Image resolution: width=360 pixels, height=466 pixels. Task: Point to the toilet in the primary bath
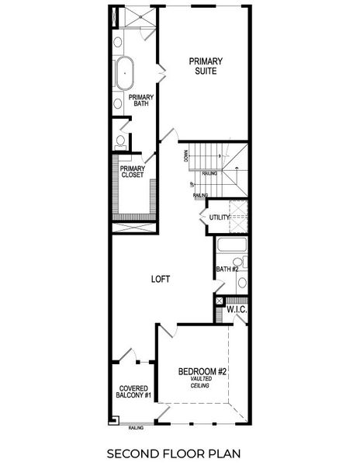[x=120, y=141]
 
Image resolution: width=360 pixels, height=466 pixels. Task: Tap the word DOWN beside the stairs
[x=186, y=156]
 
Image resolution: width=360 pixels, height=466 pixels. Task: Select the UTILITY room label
[x=219, y=217]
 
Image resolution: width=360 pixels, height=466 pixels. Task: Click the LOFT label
[x=161, y=278]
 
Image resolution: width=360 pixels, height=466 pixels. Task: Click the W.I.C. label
[x=236, y=310]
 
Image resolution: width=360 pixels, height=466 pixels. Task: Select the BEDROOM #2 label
[x=202, y=372]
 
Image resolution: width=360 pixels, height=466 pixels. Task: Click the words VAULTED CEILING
[x=202, y=383]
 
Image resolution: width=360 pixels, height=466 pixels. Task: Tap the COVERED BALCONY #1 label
[x=133, y=392]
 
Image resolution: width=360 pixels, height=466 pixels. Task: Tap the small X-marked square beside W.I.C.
[x=219, y=301]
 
